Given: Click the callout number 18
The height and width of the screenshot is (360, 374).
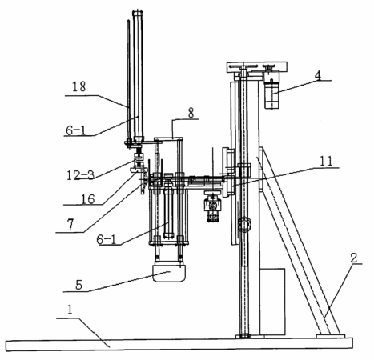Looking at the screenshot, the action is pos(79,87).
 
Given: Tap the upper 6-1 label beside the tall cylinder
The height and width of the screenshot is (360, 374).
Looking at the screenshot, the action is pos(76,130).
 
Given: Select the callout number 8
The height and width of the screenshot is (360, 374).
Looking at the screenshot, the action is pos(191,113).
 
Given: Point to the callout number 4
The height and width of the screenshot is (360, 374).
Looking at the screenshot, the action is pos(318,75).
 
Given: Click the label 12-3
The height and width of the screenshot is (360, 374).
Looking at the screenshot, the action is pos(80,175).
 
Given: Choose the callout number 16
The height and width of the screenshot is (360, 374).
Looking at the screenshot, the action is pos(88,199).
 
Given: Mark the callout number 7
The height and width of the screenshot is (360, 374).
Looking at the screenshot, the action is pos(70,225).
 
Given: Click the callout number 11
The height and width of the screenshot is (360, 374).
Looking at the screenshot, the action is pos(326,162).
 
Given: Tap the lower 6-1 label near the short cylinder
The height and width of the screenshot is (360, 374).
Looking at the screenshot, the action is pos(107,240).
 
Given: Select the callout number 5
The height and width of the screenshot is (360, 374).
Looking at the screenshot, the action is pos(78,285).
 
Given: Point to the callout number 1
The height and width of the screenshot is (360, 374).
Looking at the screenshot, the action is pos(70,310).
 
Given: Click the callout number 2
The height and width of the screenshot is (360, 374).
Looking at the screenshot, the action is pos(353,258).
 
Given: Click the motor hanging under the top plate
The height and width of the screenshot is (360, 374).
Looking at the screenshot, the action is pos(271,90).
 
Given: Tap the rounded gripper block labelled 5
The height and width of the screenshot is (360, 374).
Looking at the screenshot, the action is pos(169,273).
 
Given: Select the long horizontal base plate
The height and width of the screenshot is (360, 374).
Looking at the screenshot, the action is pos(179,344).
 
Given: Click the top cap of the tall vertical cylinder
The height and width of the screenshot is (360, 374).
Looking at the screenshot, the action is pos(138,14).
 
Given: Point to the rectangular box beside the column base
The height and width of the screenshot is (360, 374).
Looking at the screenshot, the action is pos(272,302).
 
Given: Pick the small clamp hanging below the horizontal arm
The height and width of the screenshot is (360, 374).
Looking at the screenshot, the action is pos(212,206).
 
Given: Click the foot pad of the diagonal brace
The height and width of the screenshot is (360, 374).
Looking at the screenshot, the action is pos(330,336).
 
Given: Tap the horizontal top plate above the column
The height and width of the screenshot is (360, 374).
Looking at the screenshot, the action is pos(257,66).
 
